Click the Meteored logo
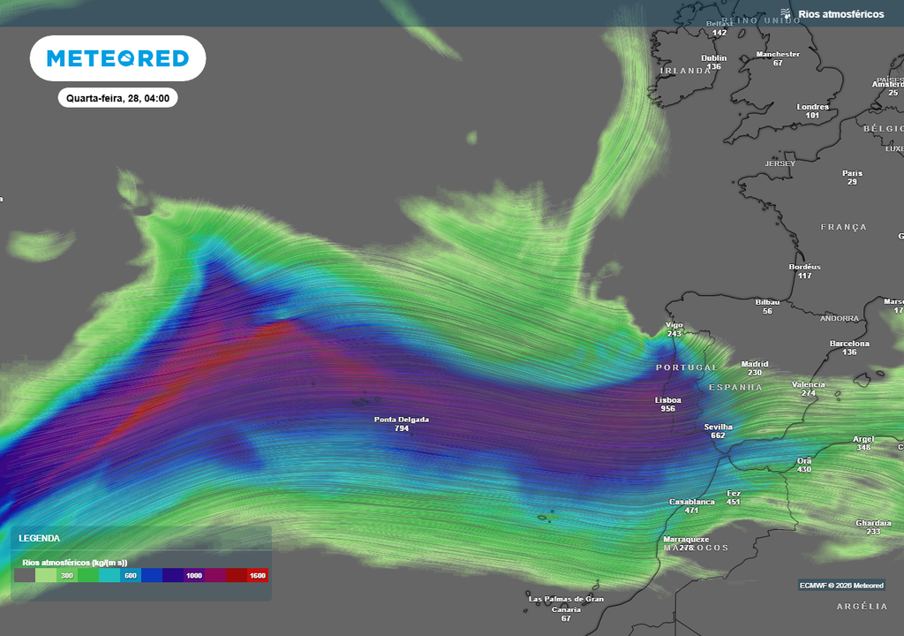(x=117, y=58)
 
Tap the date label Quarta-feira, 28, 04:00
(x=117, y=98)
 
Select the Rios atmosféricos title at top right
(x=840, y=14)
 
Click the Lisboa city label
(x=667, y=400)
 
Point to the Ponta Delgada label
(x=402, y=420)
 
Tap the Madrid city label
(x=755, y=364)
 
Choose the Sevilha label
(x=718, y=427)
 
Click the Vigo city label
(x=674, y=325)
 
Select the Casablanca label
(x=691, y=502)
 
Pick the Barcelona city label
(x=849, y=344)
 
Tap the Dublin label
(x=713, y=58)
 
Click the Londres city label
(x=813, y=107)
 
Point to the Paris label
(x=852, y=173)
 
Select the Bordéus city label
(x=804, y=267)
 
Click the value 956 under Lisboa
(x=667, y=409)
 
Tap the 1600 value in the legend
(x=257, y=576)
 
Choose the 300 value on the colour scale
(x=67, y=576)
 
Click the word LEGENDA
(x=41, y=538)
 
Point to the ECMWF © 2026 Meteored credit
(x=841, y=586)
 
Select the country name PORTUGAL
(x=686, y=367)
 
